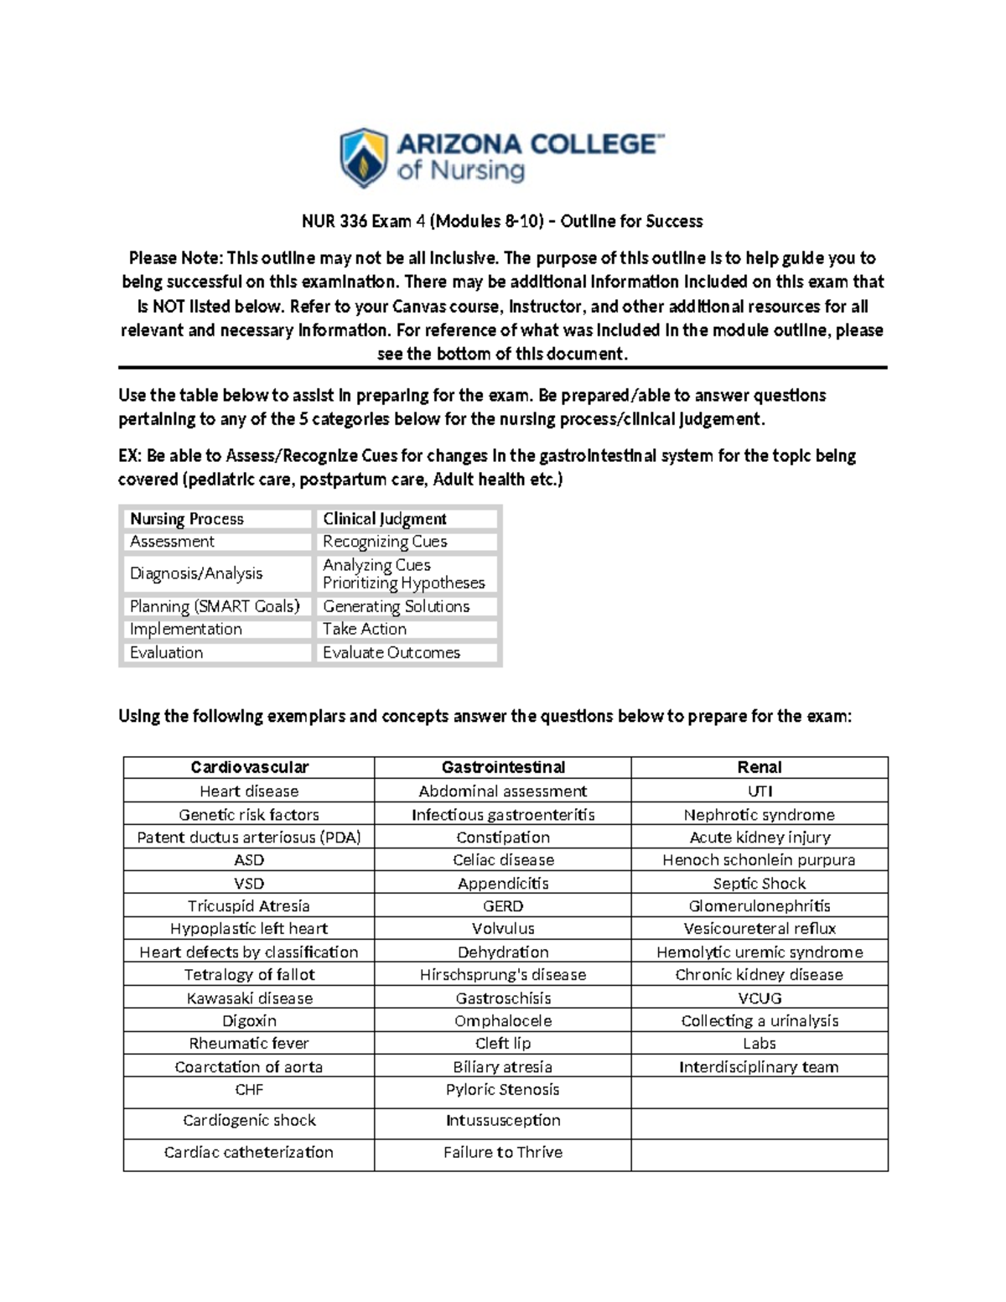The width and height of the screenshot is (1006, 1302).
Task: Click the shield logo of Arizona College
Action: [x=363, y=158]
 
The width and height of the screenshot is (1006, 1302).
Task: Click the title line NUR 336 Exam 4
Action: [x=502, y=221]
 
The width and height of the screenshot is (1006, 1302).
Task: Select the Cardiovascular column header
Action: [x=249, y=767]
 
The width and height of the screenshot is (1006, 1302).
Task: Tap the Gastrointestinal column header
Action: [x=503, y=767]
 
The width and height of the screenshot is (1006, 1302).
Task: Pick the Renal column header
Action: [x=759, y=767]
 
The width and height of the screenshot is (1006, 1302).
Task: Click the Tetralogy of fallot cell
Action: [x=249, y=974]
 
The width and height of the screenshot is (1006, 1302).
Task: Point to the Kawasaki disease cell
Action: [x=249, y=998]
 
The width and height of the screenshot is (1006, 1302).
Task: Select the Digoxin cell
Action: [x=249, y=1020]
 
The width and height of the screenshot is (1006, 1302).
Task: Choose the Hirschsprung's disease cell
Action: [x=503, y=974]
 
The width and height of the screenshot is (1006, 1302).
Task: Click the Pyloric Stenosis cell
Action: [x=503, y=1089]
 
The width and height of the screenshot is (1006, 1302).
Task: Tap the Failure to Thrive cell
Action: [x=503, y=1152]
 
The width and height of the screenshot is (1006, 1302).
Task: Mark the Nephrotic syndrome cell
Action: [x=759, y=814]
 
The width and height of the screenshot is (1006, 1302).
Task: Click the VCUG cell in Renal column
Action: [x=759, y=998]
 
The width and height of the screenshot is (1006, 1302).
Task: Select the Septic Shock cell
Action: [x=759, y=883]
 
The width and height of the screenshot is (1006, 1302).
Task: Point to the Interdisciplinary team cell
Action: [x=759, y=1066]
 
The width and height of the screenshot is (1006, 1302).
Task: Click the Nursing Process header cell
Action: [x=187, y=519]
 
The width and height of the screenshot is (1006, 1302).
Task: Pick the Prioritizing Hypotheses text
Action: [x=403, y=583]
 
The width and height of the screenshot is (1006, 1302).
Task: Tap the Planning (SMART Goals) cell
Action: [x=215, y=606]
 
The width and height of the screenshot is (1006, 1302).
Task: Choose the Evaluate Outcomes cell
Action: [x=392, y=652]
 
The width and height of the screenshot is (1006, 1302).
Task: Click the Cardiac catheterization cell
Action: [x=249, y=1152]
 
